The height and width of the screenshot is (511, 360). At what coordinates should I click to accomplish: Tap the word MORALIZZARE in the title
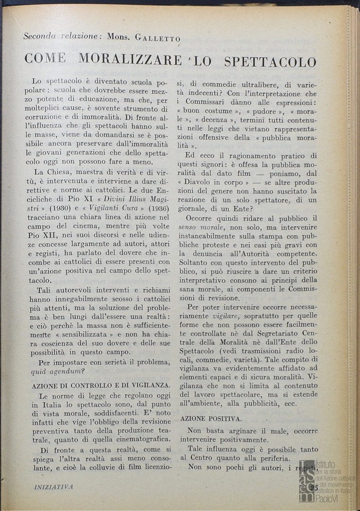[130, 61]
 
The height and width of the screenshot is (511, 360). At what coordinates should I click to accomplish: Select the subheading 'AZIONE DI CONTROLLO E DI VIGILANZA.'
[101, 386]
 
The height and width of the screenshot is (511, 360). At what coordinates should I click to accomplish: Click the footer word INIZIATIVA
[54, 487]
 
